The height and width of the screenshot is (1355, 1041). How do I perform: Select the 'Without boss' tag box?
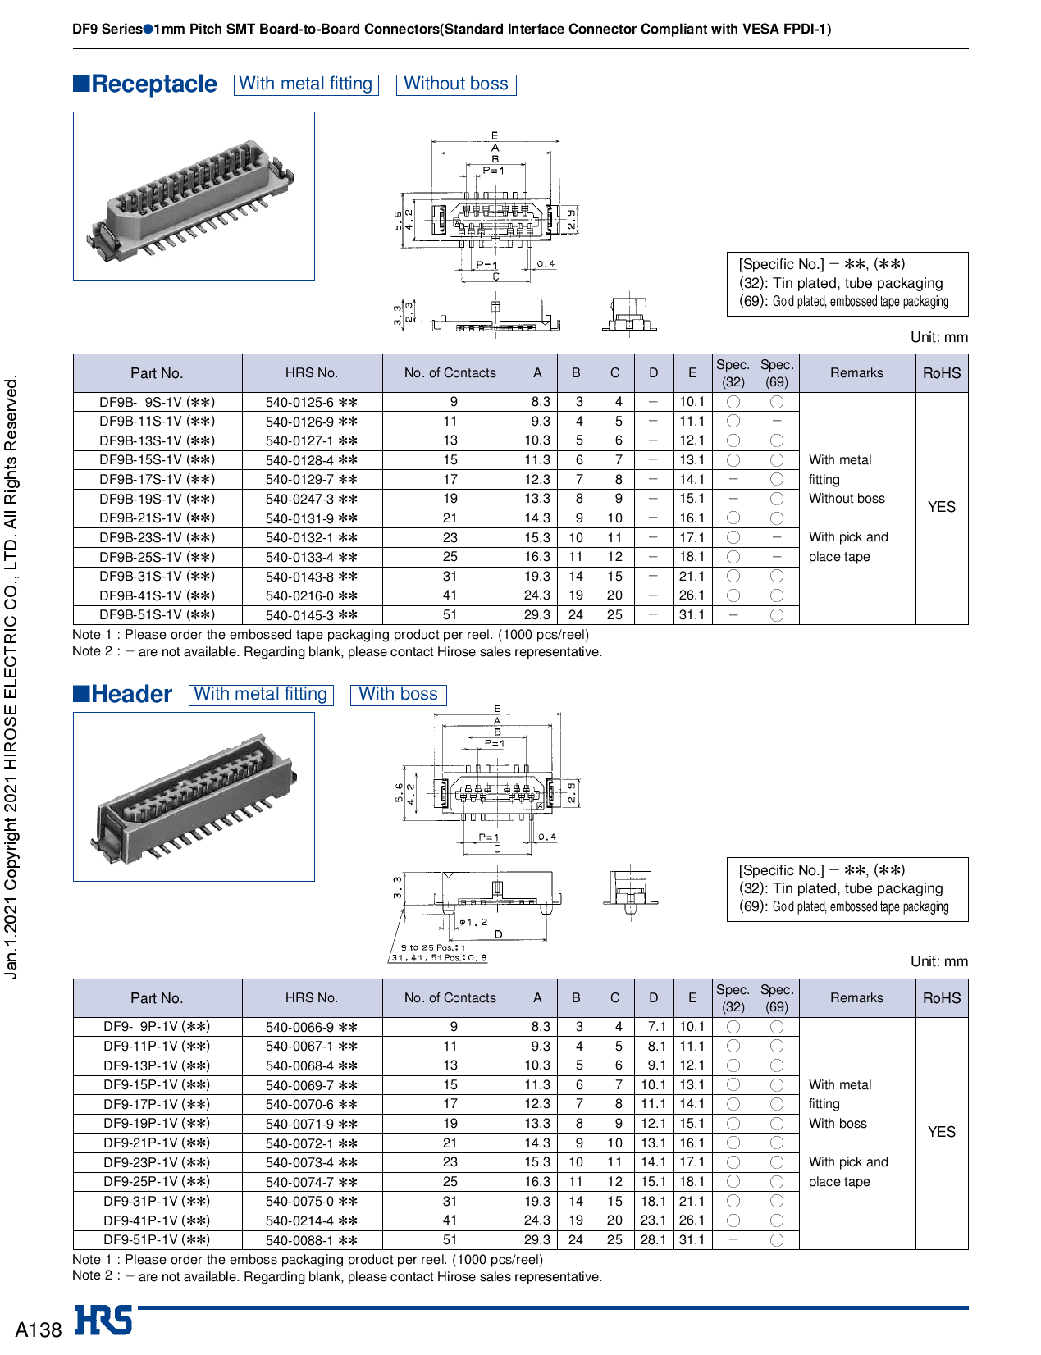(456, 84)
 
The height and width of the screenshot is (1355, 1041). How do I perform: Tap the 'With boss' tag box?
(399, 694)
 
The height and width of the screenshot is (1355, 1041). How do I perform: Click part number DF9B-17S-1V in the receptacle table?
(157, 480)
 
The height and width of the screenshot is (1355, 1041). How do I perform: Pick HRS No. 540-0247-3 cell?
(311, 499)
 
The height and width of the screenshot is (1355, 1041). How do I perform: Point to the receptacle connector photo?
(194, 197)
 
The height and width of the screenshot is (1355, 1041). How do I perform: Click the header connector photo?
(194, 796)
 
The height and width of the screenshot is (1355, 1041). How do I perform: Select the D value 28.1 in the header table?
(653, 1239)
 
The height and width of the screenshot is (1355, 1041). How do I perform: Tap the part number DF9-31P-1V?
(157, 1201)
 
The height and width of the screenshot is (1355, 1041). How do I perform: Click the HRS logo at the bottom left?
(103, 1320)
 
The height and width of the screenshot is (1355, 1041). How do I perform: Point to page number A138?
(39, 1330)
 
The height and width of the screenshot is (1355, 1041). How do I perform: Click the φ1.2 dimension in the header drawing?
(473, 923)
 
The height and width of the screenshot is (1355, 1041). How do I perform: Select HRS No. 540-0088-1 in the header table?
(311, 1240)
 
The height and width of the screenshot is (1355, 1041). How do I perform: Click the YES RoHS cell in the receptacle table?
(941, 507)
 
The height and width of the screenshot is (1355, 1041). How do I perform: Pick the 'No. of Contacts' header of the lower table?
(450, 998)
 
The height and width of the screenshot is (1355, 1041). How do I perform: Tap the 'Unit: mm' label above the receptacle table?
(938, 337)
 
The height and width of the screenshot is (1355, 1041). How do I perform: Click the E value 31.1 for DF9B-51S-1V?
(692, 614)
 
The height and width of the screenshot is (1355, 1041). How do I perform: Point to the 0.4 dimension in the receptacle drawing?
(546, 264)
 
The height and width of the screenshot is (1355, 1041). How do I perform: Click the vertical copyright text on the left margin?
(11, 677)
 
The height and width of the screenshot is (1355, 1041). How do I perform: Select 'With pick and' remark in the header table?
(848, 1162)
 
